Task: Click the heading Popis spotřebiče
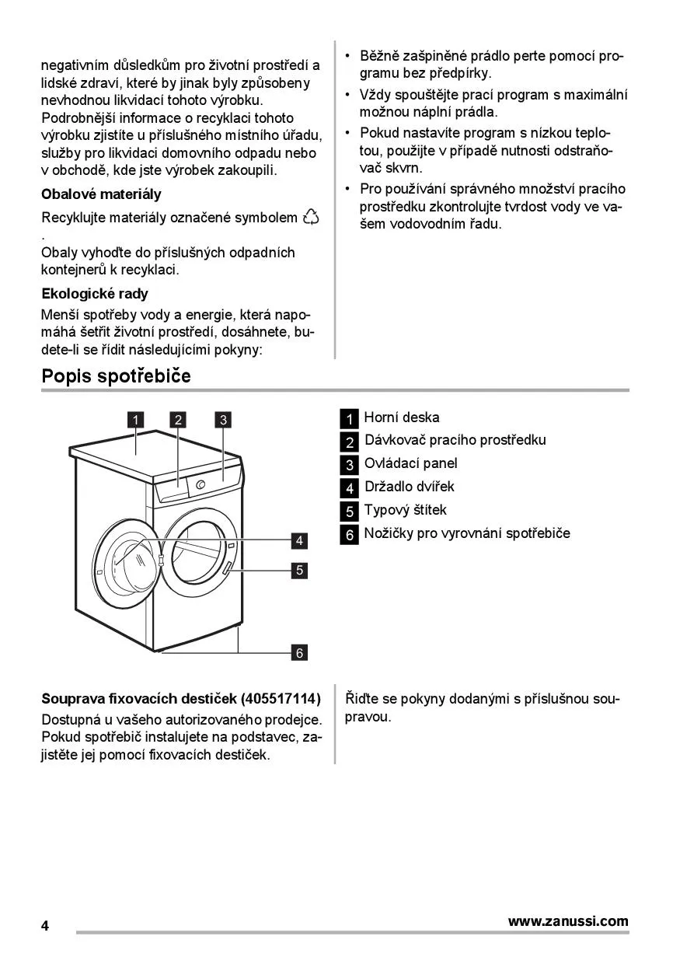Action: click(116, 376)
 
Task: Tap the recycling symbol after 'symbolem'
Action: click(311, 217)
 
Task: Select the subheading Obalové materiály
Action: click(101, 194)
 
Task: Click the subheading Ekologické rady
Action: click(94, 294)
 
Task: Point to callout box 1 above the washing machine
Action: click(135, 421)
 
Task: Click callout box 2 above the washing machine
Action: click(179, 421)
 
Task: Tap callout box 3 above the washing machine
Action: click(223, 421)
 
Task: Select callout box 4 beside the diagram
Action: click(299, 540)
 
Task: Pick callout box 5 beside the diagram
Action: click(299, 571)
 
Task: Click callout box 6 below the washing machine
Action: click(299, 652)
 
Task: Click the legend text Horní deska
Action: click(401, 417)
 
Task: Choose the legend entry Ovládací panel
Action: click(410, 463)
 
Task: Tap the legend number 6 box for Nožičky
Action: click(350, 535)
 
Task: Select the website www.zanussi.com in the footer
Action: click(568, 921)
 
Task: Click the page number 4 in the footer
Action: click(45, 926)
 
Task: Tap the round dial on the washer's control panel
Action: click(201, 485)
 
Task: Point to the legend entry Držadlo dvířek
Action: click(410, 487)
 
